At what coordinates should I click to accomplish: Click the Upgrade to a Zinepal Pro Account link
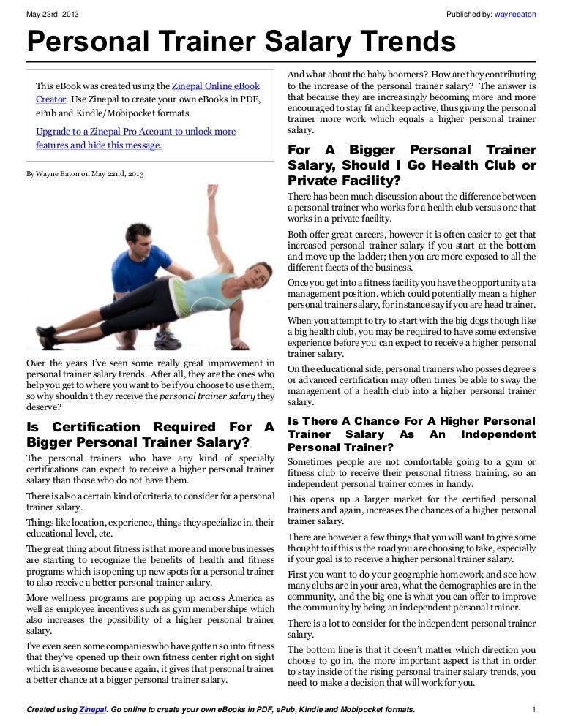(135, 132)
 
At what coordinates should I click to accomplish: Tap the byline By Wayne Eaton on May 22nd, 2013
(85, 175)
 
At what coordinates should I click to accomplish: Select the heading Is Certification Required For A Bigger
(149, 434)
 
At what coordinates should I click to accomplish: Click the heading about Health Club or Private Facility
(411, 165)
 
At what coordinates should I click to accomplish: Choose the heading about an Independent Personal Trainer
(411, 434)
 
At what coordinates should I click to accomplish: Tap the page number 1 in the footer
(535, 710)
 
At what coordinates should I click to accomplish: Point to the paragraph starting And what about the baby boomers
(411, 103)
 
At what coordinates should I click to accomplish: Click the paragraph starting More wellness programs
(149, 614)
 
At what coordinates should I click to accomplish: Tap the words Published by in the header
(468, 15)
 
